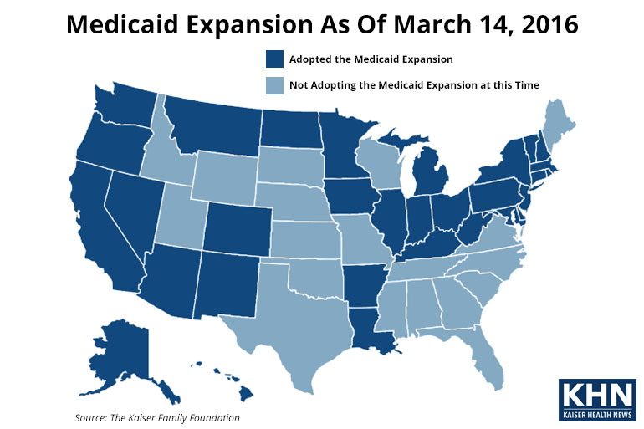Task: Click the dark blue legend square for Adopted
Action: [273, 59]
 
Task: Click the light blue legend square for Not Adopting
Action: [273, 84]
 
